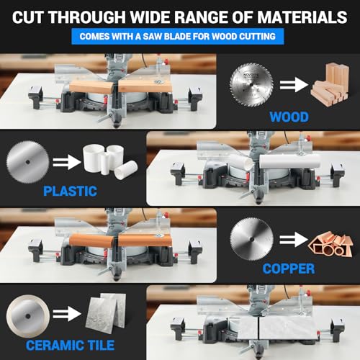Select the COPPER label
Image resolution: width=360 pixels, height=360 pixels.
tap(287, 268)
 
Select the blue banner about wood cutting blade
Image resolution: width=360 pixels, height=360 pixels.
tap(180, 37)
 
